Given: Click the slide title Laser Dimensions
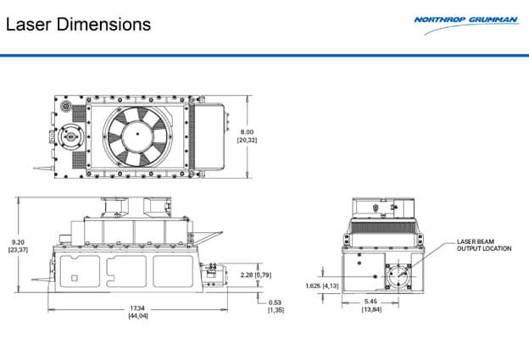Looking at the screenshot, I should (x=78, y=24).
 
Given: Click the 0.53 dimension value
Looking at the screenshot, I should (x=276, y=302).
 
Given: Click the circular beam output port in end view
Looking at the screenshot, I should (x=395, y=276).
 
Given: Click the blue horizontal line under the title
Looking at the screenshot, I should (x=264, y=56).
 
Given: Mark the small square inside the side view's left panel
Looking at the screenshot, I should (x=74, y=278).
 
